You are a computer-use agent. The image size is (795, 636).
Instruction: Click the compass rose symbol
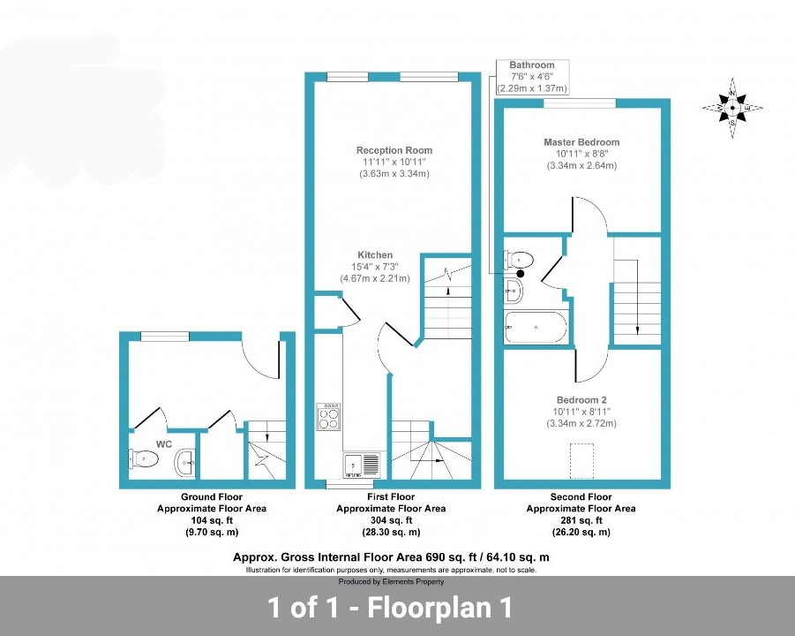[732, 108]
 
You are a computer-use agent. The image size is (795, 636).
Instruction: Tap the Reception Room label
[394, 150]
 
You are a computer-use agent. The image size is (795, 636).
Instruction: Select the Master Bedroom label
[581, 142]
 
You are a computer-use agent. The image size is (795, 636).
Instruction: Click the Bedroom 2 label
[581, 400]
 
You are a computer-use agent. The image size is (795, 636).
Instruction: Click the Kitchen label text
[375, 254]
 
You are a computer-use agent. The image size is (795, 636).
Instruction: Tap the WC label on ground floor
[164, 444]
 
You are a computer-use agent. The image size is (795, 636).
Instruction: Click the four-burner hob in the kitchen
[328, 417]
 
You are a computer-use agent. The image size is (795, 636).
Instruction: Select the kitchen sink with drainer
[362, 465]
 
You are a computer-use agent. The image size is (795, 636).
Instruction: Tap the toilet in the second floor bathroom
[519, 261]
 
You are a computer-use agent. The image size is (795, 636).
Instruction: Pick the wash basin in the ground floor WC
[185, 462]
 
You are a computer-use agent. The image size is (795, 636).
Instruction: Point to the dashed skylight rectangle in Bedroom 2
[582, 461]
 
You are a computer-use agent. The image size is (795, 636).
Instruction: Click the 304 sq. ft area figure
[392, 520]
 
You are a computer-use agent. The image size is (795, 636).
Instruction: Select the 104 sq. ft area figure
[212, 520]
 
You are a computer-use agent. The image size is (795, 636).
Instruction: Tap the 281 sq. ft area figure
[581, 520]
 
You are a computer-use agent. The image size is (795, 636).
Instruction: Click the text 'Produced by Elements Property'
[392, 582]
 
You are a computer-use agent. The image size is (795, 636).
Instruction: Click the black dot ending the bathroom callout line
[521, 274]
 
